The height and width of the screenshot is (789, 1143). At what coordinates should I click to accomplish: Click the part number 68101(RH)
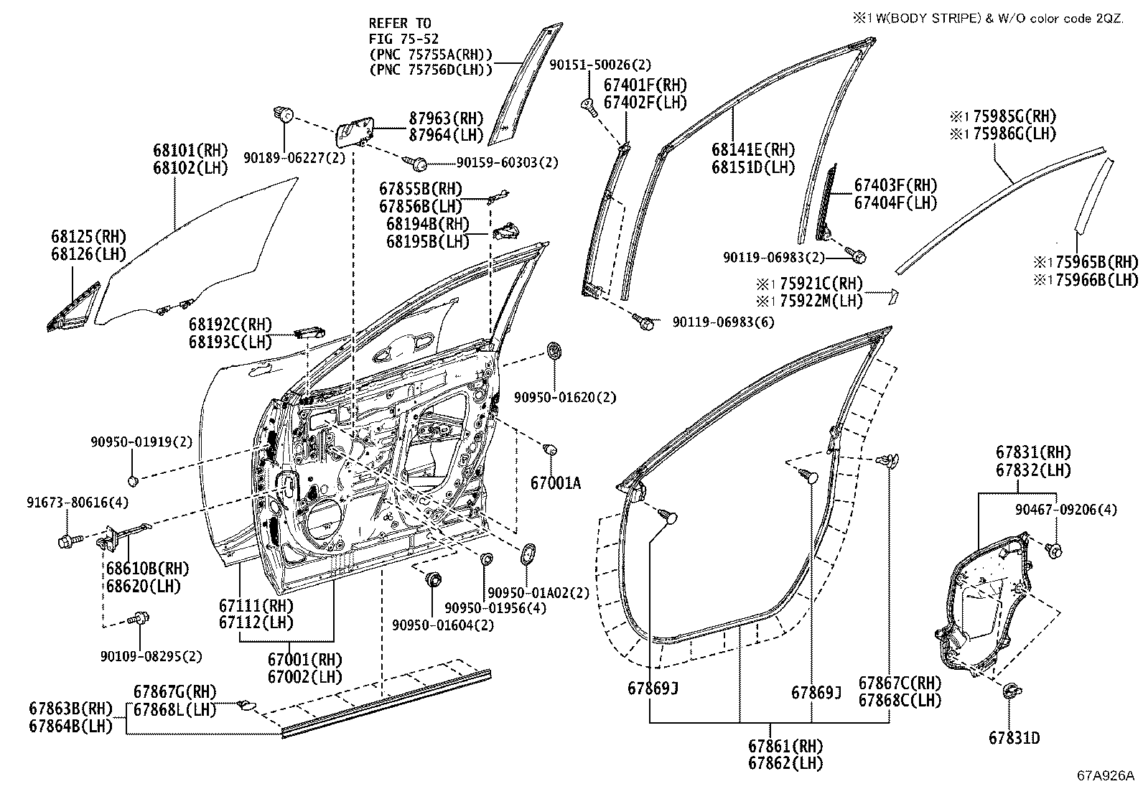coord(190,151)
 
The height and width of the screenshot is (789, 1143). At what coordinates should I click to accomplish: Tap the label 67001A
coord(556,482)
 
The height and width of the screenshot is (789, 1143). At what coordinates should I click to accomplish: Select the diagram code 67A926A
coord(1106,776)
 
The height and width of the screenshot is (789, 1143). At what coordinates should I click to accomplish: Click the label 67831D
coord(1014,738)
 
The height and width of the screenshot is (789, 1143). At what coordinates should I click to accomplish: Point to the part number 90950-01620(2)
coord(565,397)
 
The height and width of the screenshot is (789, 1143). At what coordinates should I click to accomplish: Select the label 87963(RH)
coord(446,118)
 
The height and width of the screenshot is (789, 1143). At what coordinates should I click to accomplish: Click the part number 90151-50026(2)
coord(600,65)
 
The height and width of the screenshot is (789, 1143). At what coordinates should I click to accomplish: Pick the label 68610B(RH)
coord(147,569)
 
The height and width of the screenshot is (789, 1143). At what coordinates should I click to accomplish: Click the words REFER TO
coord(400,24)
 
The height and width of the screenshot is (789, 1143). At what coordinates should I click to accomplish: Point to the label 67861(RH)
coord(785,746)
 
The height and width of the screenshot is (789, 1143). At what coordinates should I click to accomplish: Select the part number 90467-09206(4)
coord(1066,509)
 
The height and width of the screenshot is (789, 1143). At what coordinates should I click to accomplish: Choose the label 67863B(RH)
coord(71,709)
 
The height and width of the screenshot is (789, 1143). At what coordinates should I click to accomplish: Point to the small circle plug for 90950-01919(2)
coord(133,481)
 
